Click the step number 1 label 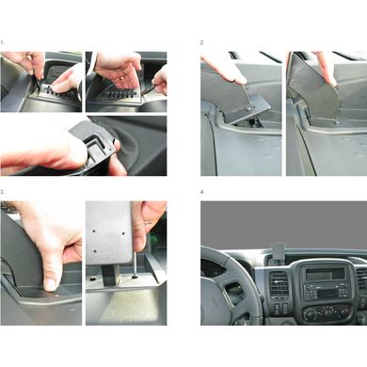point(2,41)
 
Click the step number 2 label point(202,41)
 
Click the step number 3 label point(2,191)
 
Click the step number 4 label point(202,191)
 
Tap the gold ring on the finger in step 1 point(121,77)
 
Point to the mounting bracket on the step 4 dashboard point(279,250)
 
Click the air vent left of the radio point(278,283)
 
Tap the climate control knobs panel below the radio point(327,312)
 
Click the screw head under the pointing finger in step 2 point(249,108)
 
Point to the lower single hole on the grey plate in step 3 point(94,251)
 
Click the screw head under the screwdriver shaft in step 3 point(136,277)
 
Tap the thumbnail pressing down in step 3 point(50,285)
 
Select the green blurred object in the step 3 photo point(154,240)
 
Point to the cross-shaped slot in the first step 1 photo point(49,89)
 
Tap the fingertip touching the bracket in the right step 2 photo point(331,82)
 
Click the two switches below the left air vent point(280,308)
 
